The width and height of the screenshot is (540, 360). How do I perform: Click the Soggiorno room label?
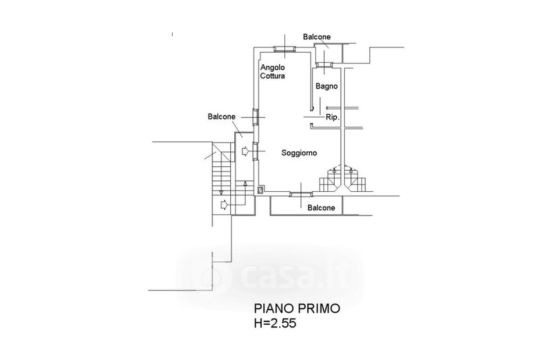[299, 153]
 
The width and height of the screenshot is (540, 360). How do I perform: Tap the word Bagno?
[327, 86]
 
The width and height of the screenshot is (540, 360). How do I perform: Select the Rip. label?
[333, 118]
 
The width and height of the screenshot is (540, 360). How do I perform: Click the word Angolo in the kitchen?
[273, 68]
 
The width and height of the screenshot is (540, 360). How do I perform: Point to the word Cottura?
[273, 76]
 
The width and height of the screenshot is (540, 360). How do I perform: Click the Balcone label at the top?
[317, 37]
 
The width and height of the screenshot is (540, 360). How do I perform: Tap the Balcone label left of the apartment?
[221, 117]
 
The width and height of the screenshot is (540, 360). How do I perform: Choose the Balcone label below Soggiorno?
[321, 208]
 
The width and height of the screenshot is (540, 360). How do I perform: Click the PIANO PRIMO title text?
[297, 308]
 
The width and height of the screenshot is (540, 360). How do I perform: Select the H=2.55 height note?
[275, 324]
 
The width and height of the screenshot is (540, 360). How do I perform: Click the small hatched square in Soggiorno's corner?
[261, 190]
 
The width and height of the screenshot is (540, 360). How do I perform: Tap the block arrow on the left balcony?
[245, 151]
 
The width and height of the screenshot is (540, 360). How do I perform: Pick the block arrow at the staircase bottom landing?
[224, 205]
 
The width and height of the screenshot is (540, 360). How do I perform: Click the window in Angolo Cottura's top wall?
[284, 49]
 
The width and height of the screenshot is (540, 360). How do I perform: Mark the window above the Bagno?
[325, 64]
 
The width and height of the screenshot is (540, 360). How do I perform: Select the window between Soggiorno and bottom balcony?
[301, 195]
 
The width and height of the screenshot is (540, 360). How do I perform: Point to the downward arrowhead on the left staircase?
[221, 192]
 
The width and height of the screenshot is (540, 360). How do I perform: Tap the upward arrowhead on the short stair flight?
[245, 183]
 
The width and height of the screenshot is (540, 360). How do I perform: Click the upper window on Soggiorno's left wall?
[256, 117]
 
